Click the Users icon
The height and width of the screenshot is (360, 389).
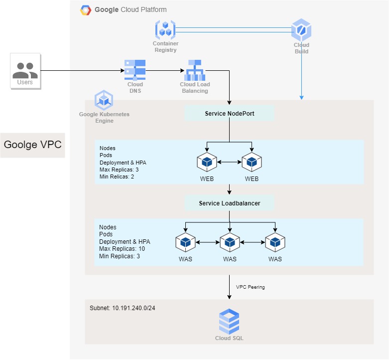point(25,69)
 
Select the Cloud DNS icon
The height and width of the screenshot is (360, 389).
point(135,69)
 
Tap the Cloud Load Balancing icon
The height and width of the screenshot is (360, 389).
point(194,70)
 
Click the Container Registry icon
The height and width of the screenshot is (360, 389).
point(165,30)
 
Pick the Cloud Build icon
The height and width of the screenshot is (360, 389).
point(301,30)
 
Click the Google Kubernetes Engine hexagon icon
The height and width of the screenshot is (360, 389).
point(104,100)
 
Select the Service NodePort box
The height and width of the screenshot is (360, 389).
point(230,114)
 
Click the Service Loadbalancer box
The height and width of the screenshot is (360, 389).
point(230,203)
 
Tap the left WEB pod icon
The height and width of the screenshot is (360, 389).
point(207,162)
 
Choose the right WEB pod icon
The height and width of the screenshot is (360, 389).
point(252,162)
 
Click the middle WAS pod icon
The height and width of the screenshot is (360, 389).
point(230,242)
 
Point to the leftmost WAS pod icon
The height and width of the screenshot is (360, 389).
point(185,242)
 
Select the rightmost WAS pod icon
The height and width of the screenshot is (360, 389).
point(274,242)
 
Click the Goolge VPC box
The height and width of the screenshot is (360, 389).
point(32,145)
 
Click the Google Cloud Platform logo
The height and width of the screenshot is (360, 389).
point(86,10)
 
